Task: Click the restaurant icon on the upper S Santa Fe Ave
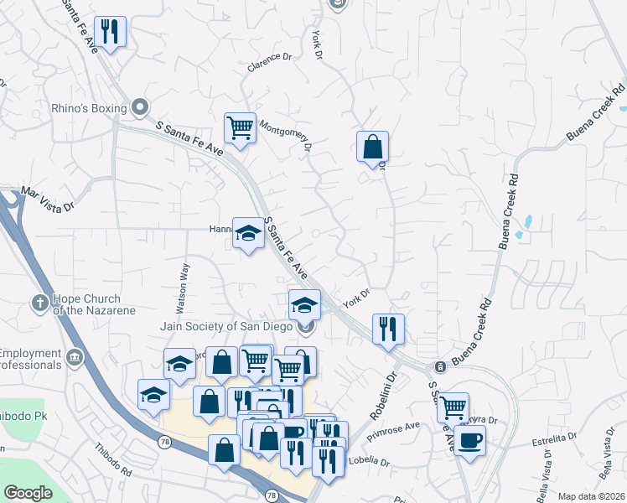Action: coord(110,32)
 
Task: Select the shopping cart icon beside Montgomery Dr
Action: coord(240,128)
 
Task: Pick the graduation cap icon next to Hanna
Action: coord(248,234)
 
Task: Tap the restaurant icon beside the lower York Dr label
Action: coord(387,328)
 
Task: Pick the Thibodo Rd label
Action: coord(113,460)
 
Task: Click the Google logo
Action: coord(28,493)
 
